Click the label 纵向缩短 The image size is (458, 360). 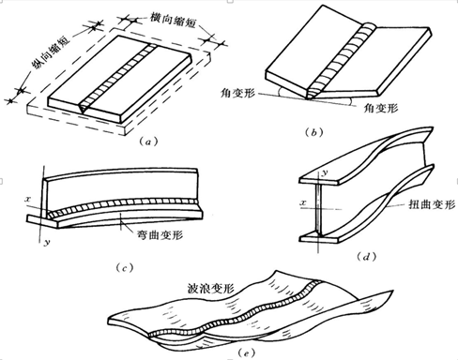(x=51, y=50)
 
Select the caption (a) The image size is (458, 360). (x=148, y=142)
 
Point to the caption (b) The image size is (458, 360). (x=313, y=133)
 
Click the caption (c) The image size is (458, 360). (x=124, y=268)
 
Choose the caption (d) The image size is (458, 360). (x=366, y=257)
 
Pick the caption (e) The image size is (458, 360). (x=246, y=353)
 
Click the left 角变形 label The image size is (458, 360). (x=237, y=93)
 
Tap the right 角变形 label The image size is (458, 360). (x=380, y=108)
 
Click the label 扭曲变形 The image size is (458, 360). (x=432, y=204)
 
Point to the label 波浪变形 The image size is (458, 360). (x=210, y=288)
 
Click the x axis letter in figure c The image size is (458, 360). (x=28, y=199)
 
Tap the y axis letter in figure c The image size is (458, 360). (x=47, y=242)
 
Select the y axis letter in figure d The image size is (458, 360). (x=325, y=172)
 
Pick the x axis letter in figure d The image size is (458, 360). (x=303, y=203)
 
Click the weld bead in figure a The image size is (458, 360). (x=118, y=78)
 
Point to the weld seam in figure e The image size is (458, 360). (x=235, y=308)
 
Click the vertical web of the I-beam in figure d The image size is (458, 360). (x=318, y=209)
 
